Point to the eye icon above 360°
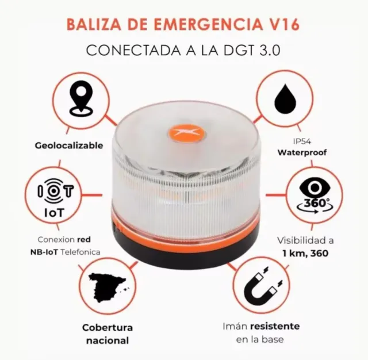coord(315,188)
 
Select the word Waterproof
coord(302,153)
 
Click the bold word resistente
coord(278,326)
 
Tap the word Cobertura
coord(107,327)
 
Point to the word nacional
coord(107,340)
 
